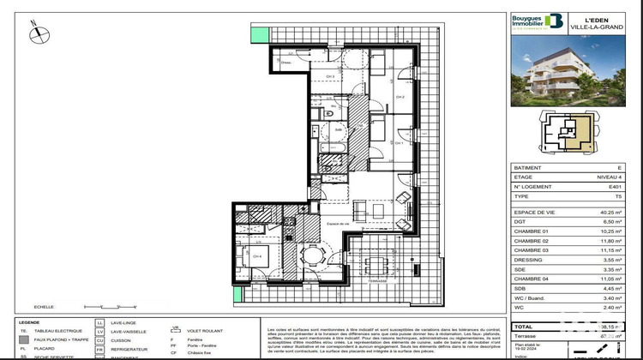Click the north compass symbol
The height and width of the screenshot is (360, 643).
tap(38, 33)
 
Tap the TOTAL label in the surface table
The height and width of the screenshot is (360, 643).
tap(525, 327)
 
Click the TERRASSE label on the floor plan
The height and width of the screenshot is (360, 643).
tap(376, 280)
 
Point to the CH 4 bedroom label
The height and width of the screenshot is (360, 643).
tap(256, 255)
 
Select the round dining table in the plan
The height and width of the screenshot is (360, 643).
tap(315, 255)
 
